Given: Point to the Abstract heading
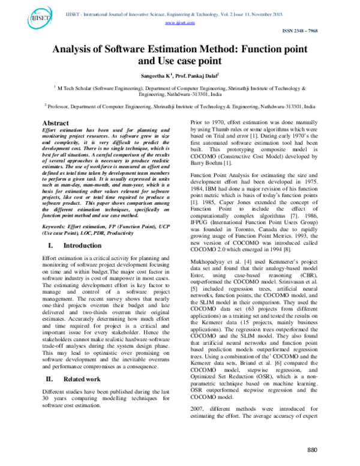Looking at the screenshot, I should coord(52,123).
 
